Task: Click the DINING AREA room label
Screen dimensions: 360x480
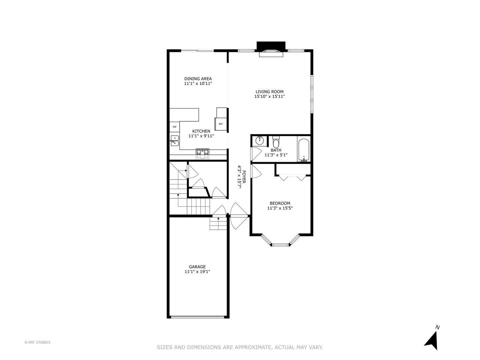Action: click(x=198, y=79)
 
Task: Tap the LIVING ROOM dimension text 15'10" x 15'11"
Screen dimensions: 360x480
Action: click(x=269, y=97)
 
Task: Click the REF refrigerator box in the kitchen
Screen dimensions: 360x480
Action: click(x=221, y=124)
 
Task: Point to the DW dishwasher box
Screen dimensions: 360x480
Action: click(x=174, y=127)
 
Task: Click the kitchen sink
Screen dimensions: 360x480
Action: click(x=174, y=141)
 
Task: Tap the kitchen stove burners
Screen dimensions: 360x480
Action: click(x=202, y=152)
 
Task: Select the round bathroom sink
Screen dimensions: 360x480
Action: click(x=260, y=141)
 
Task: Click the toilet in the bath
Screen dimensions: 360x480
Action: click(x=276, y=142)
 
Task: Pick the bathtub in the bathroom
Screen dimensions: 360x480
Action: click(x=303, y=150)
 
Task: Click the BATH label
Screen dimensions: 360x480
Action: click(x=276, y=150)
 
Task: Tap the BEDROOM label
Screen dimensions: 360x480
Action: click(x=280, y=203)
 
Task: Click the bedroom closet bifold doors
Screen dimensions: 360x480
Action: click(x=292, y=177)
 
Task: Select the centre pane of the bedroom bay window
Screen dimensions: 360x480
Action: click(x=280, y=245)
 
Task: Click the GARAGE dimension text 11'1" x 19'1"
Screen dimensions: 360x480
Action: click(x=197, y=272)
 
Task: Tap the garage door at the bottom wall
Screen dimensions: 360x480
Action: click(x=198, y=317)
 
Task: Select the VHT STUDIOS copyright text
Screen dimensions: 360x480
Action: click(x=37, y=342)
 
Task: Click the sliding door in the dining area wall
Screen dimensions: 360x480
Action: click(x=197, y=51)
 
